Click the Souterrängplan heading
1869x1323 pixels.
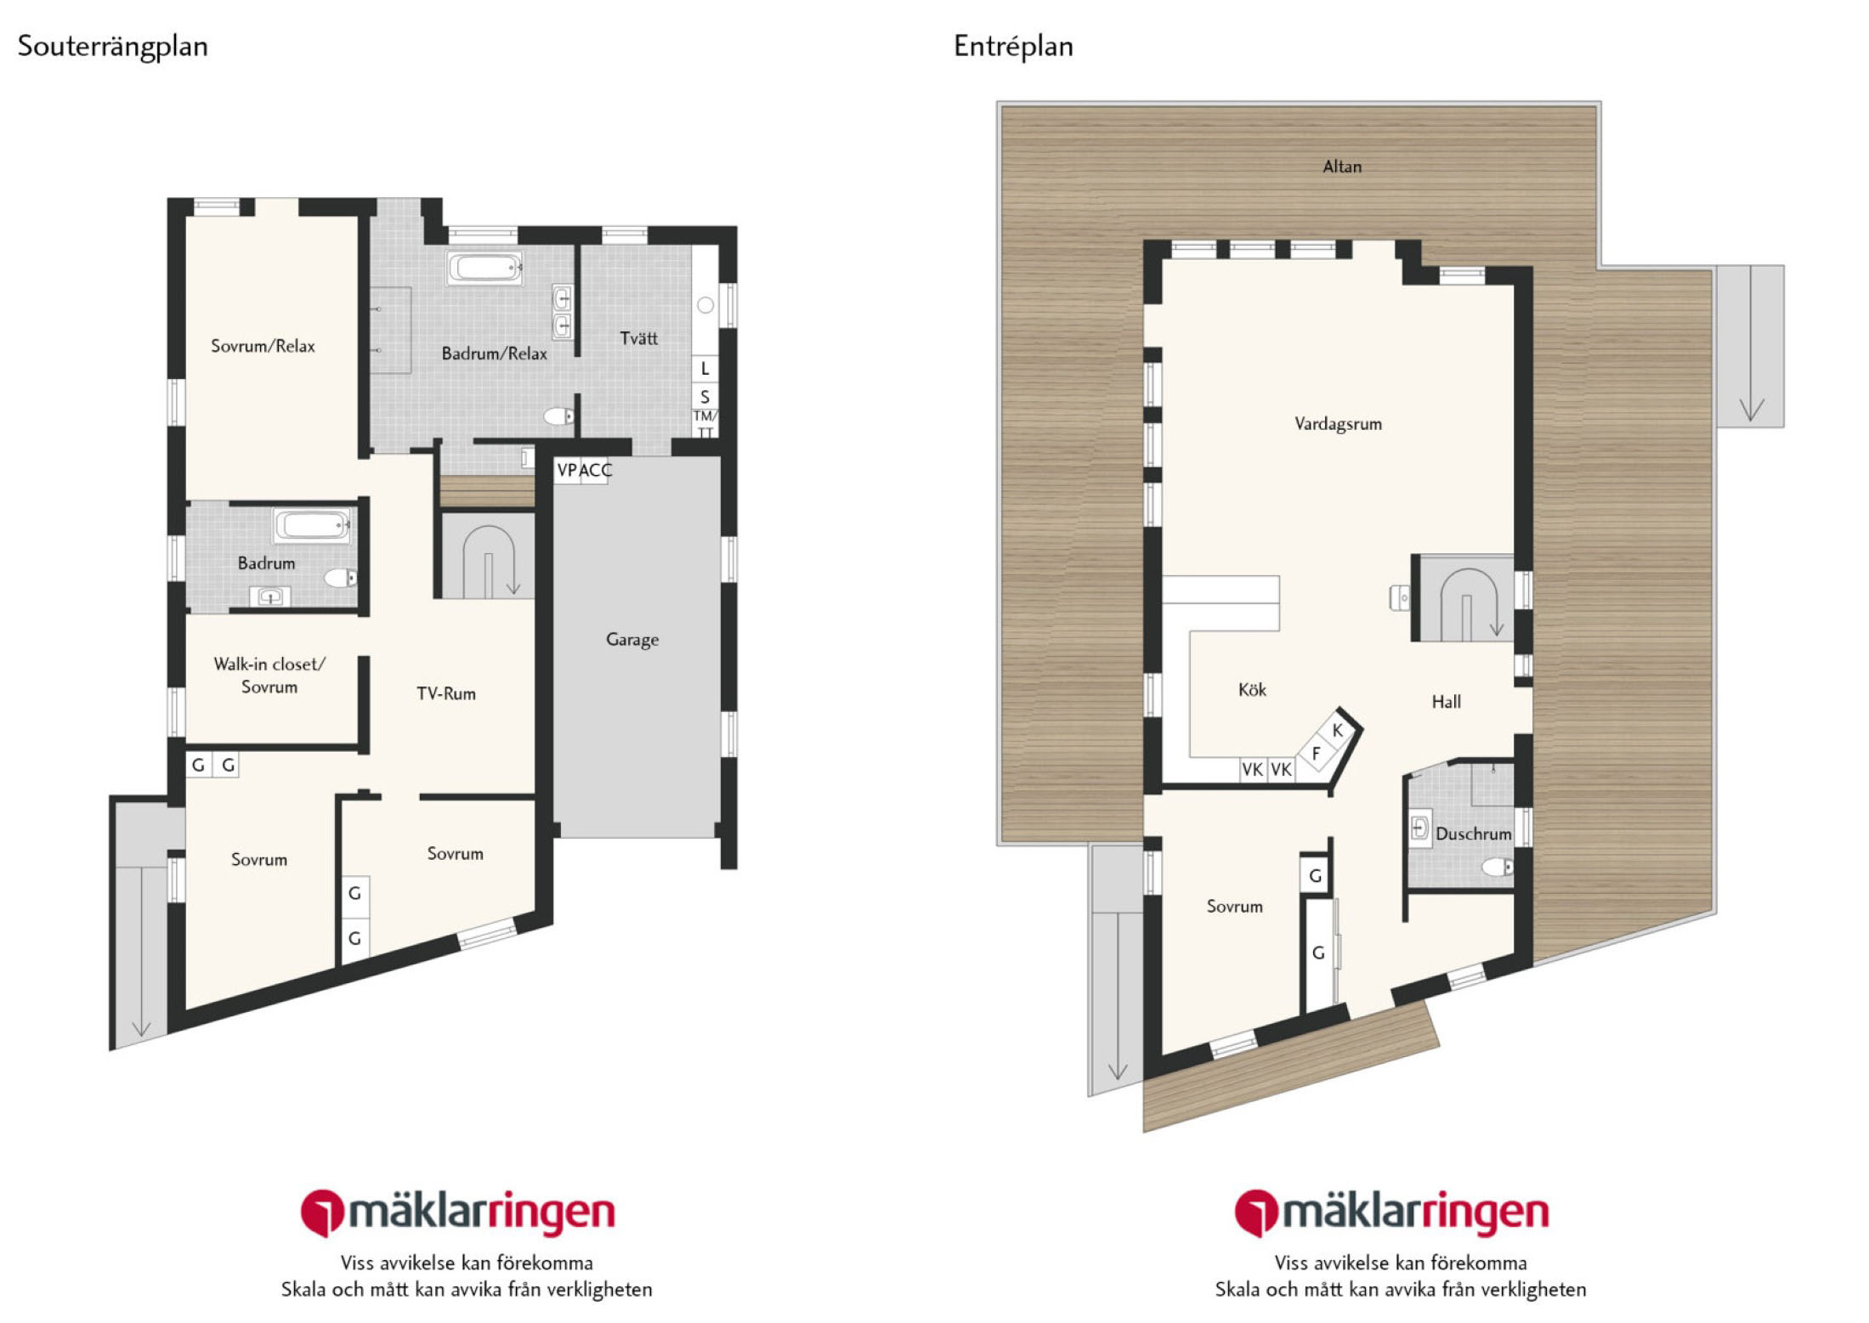tap(113, 47)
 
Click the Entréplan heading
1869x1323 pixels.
tap(1013, 47)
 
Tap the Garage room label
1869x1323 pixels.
tap(632, 640)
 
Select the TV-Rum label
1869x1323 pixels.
tap(446, 693)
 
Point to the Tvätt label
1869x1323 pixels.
tap(639, 338)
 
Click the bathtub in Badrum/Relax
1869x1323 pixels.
tap(484, 268)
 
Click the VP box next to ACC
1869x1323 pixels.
tap(567, 471)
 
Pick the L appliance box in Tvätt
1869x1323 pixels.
tap(705, 369)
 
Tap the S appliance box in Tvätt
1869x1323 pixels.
tap(705, 397)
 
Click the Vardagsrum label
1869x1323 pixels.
tap(1338, 424)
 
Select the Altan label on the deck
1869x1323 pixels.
tap(1342, 167)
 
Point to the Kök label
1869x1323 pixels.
tap(1252, 690)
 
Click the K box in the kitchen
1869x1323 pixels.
tap(1338, 730)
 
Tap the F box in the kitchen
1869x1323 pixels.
tap(1317, 753)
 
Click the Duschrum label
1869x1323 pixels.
tap(1474, 834)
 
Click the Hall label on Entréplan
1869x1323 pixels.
tap(1447, 702)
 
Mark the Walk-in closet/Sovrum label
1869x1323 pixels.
tap(269, 676)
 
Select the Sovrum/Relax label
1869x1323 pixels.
tap(263, 346)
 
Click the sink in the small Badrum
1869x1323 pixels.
tap(270, 596)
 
